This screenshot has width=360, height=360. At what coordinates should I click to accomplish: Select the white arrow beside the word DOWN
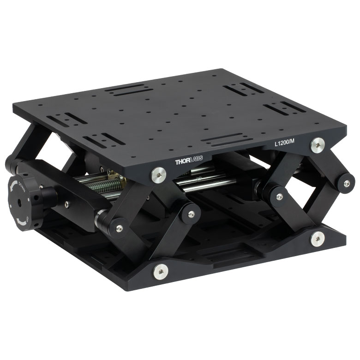coord(13,186)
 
